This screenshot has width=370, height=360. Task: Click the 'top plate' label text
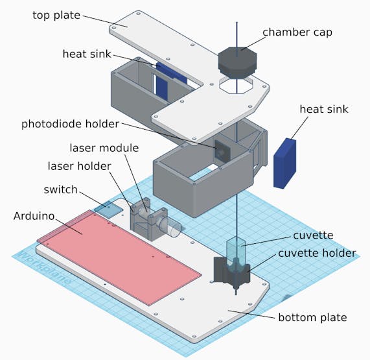coord(56,16)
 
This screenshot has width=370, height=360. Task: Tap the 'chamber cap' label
coord(297,32)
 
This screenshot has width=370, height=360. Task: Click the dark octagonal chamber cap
coord(237,63)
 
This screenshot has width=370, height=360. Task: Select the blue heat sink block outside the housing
coord(284,163)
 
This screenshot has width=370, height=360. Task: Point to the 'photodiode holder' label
coord(70,125)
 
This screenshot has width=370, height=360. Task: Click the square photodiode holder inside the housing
coord(222,151)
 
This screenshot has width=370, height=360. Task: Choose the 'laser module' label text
coord(104,148)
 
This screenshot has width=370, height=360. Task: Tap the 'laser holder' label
coord(79,166)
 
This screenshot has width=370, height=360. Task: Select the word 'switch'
coord(61,189)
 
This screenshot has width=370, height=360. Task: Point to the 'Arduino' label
coord(34,216)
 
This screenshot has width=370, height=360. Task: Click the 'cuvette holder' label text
coord(317,254)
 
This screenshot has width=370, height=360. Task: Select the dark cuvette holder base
coord(231,272)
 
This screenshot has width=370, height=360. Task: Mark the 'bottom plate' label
coord(313,317)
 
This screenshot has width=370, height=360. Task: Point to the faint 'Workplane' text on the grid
coord(44,268)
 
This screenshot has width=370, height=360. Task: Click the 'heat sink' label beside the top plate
coord(87,54)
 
